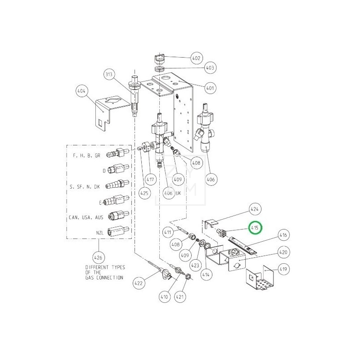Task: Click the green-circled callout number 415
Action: click(255, 228)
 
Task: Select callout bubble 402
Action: click(196, 58)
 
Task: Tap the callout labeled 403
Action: click(210, 68)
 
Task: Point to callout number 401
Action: click(210, 88)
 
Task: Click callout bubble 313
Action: click(108, 74)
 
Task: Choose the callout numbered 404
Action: click(81, 91)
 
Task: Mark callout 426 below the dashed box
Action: click(98, 258)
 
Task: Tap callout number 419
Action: click(283, 270)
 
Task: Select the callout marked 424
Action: click(255, 209)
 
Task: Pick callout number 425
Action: click(144, 193)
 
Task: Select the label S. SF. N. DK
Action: click(85, 185)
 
